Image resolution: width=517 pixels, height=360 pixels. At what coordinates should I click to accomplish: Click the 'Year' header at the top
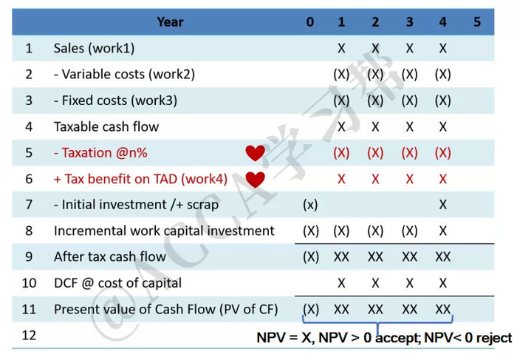[x=170, y=21]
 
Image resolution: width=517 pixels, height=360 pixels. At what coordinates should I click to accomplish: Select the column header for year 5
[x=477, y=21]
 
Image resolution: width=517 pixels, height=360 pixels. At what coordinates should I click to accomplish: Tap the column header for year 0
[x=310, y=21]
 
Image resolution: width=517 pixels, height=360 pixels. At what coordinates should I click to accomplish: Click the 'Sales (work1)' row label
[x=94, y=49]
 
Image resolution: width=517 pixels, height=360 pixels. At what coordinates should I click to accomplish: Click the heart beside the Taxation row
[x=256, y=153]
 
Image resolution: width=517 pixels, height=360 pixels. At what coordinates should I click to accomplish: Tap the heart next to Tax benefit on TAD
[x=256, y=179]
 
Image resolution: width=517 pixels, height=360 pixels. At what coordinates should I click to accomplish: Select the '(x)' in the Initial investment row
[x=311, y=205]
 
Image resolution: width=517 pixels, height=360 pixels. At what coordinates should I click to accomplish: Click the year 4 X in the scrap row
[x=443, y=205]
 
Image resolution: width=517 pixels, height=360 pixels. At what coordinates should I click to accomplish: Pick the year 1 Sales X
[x=341, y=49]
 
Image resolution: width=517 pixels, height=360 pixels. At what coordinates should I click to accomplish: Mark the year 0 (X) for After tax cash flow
[x=311, y=257]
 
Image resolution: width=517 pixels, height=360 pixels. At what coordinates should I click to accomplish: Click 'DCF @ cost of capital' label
[x=117, y=283]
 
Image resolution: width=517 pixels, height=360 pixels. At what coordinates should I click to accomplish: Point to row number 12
[x=29, y=335]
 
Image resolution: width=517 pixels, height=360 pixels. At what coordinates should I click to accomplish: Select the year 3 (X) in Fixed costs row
[x=409, y=101]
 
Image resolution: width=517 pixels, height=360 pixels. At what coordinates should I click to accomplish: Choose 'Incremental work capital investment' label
[x=164, y=231]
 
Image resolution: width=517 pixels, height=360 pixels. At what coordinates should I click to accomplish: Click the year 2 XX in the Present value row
[x=375, y=309]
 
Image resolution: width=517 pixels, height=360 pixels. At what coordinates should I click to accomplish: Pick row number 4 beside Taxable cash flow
[x=29, y=127]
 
